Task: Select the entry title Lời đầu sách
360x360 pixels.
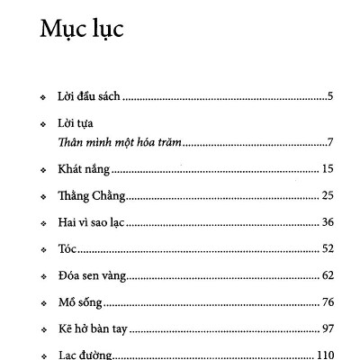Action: coord(89,94)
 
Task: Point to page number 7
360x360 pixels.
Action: coord(330,142)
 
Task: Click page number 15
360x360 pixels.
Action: coord(328,169)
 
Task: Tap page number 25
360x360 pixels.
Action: coord(328,195)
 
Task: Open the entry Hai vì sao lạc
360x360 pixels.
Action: coord(94,221)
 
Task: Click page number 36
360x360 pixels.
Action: coord(328,221)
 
